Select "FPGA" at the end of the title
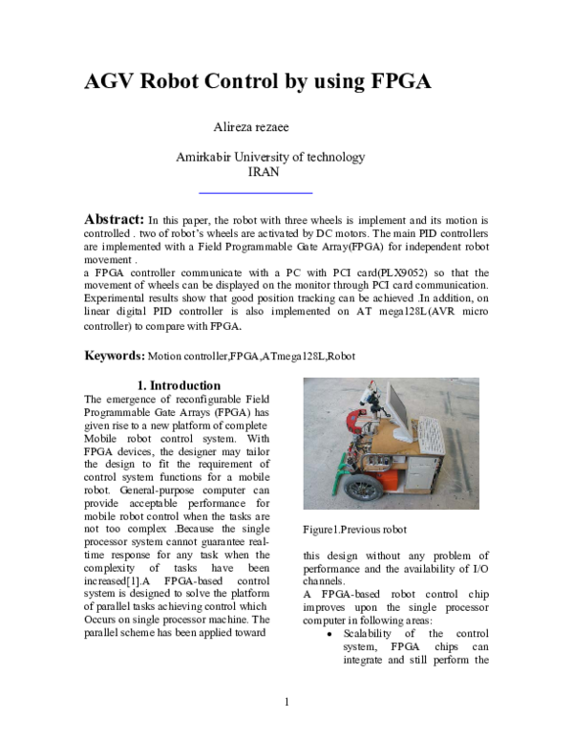pyautogui.click(x=395, y=81)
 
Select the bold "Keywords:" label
pyautogui.click(x=115, y=356)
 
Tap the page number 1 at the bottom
pyautogui.click(x=286, y=703)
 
